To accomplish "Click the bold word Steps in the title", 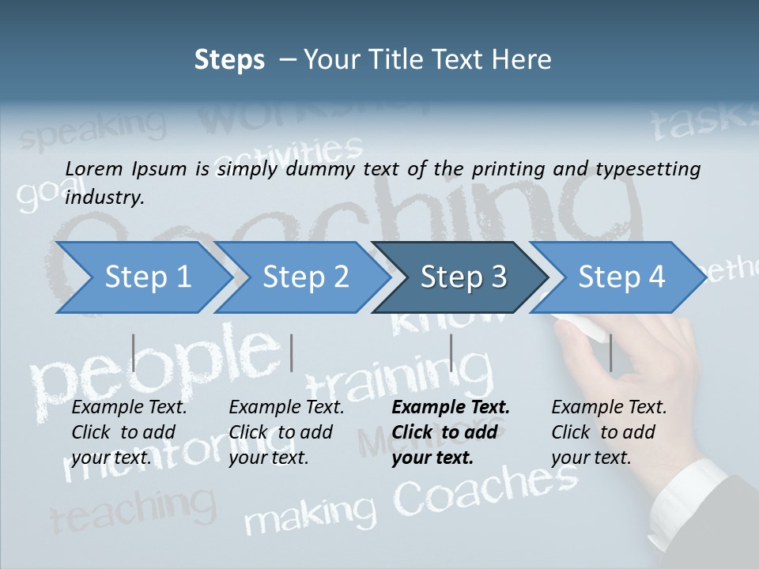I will point(229,59).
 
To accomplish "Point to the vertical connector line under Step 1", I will point(134,352).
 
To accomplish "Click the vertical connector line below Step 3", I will point(451,352).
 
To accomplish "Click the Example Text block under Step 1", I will point(130,431).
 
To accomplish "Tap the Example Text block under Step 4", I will point(609,431).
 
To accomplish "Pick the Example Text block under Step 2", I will point(286,431).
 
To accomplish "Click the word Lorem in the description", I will point(93,168).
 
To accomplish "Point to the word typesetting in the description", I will point(652,169).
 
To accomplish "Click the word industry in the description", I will point(104,197).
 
